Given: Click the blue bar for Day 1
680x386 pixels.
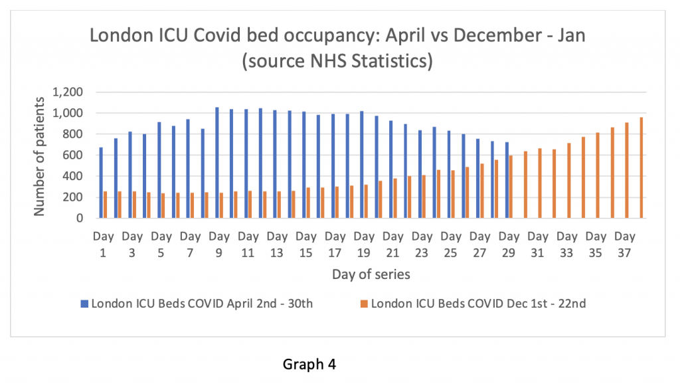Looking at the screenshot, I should click(x=101, y=183).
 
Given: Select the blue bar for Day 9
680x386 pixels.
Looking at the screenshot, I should click(x=217, y=163).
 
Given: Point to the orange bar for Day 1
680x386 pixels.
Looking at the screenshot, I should click(x=105, y=205).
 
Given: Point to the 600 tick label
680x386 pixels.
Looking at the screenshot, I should click(x=74, y=155).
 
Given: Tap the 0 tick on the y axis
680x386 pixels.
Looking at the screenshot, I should click(x=79, y=218).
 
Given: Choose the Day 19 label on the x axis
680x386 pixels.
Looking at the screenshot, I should click(x=365, y=244).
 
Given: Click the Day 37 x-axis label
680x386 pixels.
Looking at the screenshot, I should click(x=626, y=244).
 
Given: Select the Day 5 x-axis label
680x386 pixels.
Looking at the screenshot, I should click(x=161, y=244).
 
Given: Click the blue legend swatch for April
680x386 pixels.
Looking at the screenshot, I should click(x=85, y=304).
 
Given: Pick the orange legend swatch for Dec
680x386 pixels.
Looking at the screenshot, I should click(x=364, y=304).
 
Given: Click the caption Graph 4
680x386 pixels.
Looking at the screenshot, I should click(x=310, y=365).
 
